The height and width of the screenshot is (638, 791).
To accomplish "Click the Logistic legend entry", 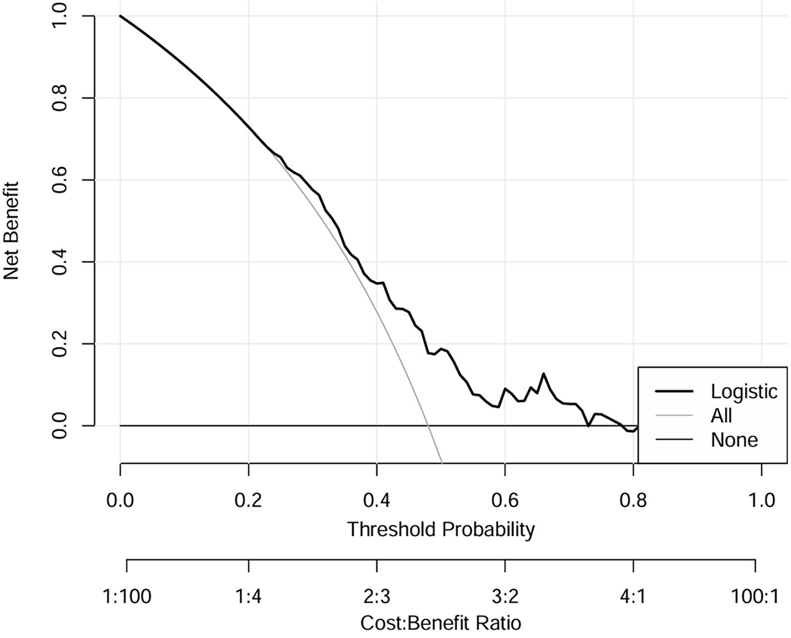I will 743,392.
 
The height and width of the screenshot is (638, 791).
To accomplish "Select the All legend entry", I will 721,416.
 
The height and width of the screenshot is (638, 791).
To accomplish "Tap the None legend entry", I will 734,440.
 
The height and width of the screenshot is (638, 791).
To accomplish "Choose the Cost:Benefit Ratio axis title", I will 440,622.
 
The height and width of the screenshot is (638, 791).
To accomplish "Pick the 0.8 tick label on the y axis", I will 59,98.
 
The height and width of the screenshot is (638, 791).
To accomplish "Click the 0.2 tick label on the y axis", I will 59,344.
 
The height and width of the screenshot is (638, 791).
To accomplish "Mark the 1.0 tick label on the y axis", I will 59,17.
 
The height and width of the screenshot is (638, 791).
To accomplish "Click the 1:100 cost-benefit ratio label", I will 127,597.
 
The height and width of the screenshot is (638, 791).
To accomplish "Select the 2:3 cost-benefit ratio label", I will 377,597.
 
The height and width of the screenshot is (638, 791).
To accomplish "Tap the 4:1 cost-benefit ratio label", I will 633,597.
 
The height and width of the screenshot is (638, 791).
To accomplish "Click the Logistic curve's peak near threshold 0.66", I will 543,373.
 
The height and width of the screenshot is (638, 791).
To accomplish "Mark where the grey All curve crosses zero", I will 428,426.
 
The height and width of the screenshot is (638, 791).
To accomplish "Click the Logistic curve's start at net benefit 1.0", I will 121,16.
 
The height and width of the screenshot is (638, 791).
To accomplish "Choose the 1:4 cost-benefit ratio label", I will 248,597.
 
